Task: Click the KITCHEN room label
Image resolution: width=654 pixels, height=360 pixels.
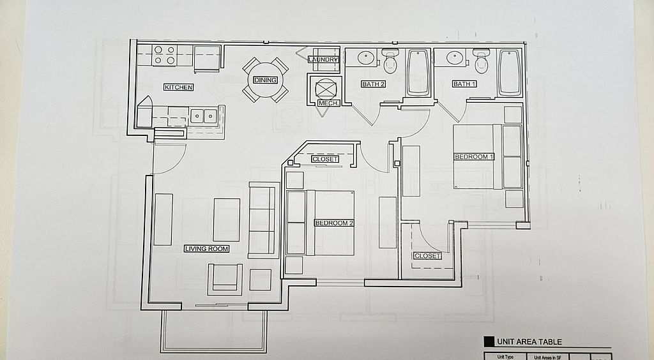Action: click(x=178, y=87)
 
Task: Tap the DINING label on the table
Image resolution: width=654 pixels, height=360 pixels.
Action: click(x=265, y=80)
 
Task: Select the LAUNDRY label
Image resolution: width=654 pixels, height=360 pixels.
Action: click(x=323, y=60)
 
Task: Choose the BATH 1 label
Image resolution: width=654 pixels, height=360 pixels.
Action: click(x=464, y=84)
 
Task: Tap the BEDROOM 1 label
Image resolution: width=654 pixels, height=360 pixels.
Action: click(x=474, y=156)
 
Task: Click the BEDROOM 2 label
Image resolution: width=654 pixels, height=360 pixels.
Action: click(x=334, y=223)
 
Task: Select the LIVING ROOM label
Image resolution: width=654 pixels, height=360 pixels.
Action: click(x=206, y=248)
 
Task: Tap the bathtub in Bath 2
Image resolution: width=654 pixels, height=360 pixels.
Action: click(x=418, y=72)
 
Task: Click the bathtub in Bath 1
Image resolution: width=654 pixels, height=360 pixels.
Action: click(x=509, y=71)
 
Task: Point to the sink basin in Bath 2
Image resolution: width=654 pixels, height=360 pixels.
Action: click(x=365, y=58)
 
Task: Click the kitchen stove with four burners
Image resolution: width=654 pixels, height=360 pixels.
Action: click(x=164, y=56)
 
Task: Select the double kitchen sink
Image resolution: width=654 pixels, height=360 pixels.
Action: click(x=203, y=116)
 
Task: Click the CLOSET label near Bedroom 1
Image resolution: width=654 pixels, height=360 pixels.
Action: click(x=427, y=256)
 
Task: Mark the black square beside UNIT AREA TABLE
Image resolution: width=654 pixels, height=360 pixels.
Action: click(x=489, y=341)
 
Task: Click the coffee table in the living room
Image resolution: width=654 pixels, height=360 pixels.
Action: click(x=227, y=220)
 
